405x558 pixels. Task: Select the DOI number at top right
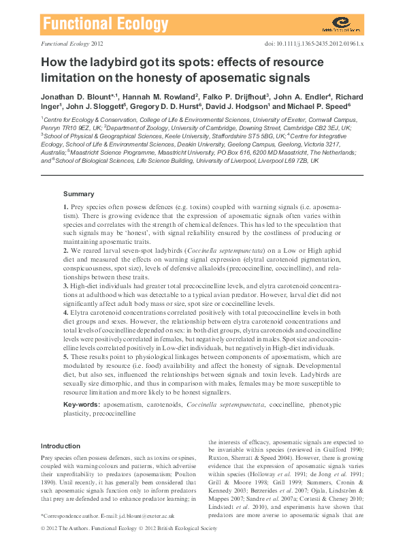321,42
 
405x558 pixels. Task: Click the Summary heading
78,194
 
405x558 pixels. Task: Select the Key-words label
78,404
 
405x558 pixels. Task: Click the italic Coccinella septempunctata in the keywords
225,405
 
